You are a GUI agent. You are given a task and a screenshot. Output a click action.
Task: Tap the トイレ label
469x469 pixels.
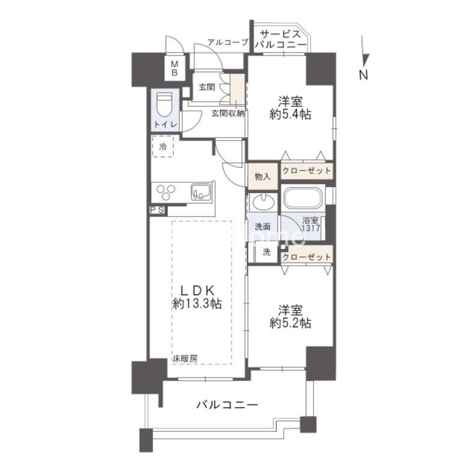pyautogui.click(x=165, y=124)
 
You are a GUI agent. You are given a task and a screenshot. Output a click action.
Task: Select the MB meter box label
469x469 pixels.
pyautogui.click(x=175, y=69)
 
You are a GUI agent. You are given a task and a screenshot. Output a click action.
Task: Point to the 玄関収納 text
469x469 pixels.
pyautogui.click(x=227, y=113)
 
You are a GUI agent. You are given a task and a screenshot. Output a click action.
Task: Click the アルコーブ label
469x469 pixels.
pyautogui.click(x=227, y=42)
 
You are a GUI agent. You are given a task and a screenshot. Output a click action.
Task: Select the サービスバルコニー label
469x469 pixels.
pyautogui.click(x=280, y=38)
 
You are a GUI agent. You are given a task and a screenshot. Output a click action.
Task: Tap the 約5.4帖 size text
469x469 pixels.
pyautogui.click(x=290, y=114)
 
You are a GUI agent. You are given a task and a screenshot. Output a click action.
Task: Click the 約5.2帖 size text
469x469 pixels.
pyautogui.click(x=290, y=323)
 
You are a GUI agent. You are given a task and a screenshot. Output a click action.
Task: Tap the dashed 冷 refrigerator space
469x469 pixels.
pyautogui.click(x=163, y=146)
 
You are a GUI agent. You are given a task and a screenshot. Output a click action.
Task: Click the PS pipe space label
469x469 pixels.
pyautogui.click(x=158, y=210)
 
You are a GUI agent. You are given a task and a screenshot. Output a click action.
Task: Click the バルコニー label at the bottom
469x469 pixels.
pyautogui.click(x=227, y=405)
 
